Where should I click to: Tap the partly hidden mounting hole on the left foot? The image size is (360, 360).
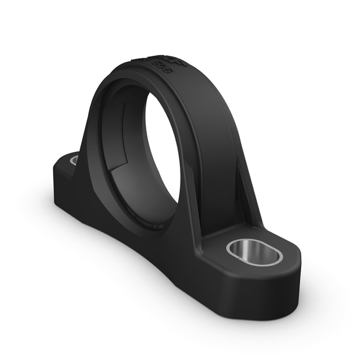[74, 160]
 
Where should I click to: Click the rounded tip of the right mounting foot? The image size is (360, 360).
[294, 270]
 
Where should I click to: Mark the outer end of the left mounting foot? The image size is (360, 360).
[59, 174]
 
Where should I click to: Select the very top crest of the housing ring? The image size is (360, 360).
[150, 60]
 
